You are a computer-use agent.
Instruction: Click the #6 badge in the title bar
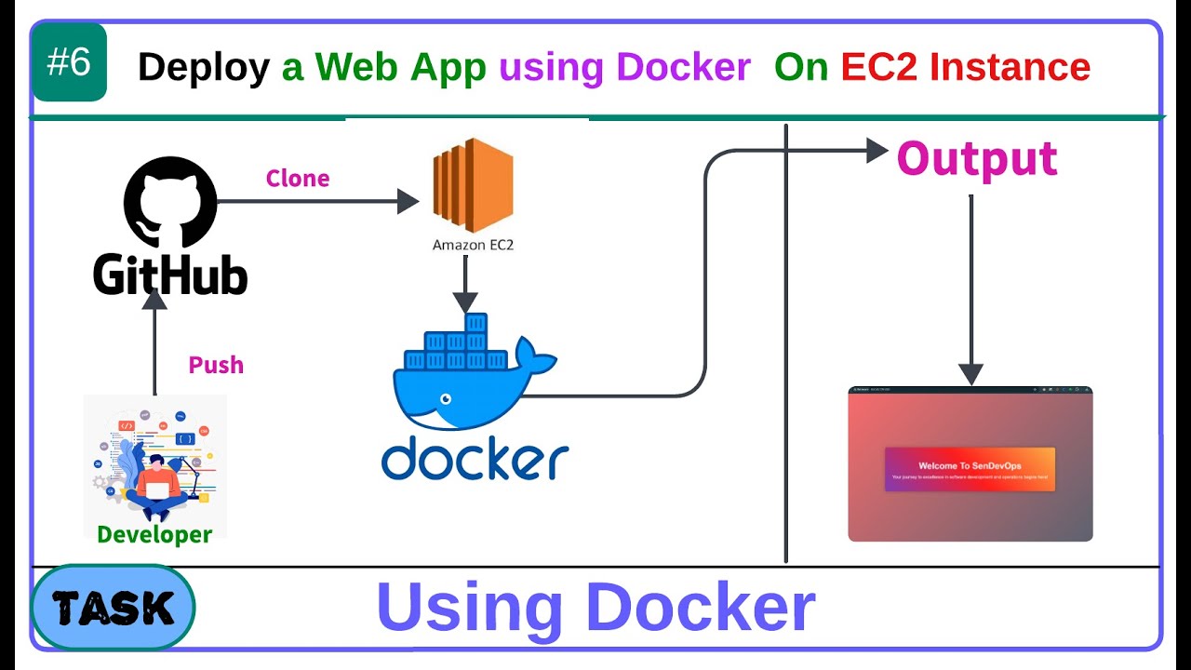point(69,63)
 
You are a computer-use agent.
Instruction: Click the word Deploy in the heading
point(204,67)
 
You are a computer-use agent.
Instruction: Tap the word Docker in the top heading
point(683,67)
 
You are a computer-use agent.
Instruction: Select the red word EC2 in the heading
point(880,67)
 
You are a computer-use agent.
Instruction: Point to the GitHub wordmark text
point(170,275)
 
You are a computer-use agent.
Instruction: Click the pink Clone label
point(298,179)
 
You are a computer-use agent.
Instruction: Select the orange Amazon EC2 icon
point(473,185)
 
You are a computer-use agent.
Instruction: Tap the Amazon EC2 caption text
point(473,246)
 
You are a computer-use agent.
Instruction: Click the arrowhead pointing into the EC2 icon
point(408,201)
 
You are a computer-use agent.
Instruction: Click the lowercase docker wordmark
point(475,460)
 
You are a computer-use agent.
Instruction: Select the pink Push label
point(216,365)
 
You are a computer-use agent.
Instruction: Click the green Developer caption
point(154,534)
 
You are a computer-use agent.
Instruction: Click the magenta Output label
point(976,159)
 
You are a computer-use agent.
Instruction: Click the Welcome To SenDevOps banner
point(970,469)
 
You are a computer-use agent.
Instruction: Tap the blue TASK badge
point(113,608)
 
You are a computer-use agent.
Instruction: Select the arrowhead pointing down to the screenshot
point(970,374)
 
